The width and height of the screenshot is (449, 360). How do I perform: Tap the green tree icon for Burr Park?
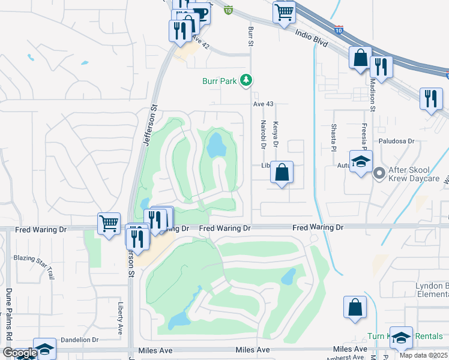246,80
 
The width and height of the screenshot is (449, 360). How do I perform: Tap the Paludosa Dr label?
396,142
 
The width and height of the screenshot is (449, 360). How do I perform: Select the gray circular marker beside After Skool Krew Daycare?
379,174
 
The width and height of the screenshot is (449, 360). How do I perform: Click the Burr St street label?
250,35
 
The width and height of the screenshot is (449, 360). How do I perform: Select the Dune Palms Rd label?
9,312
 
